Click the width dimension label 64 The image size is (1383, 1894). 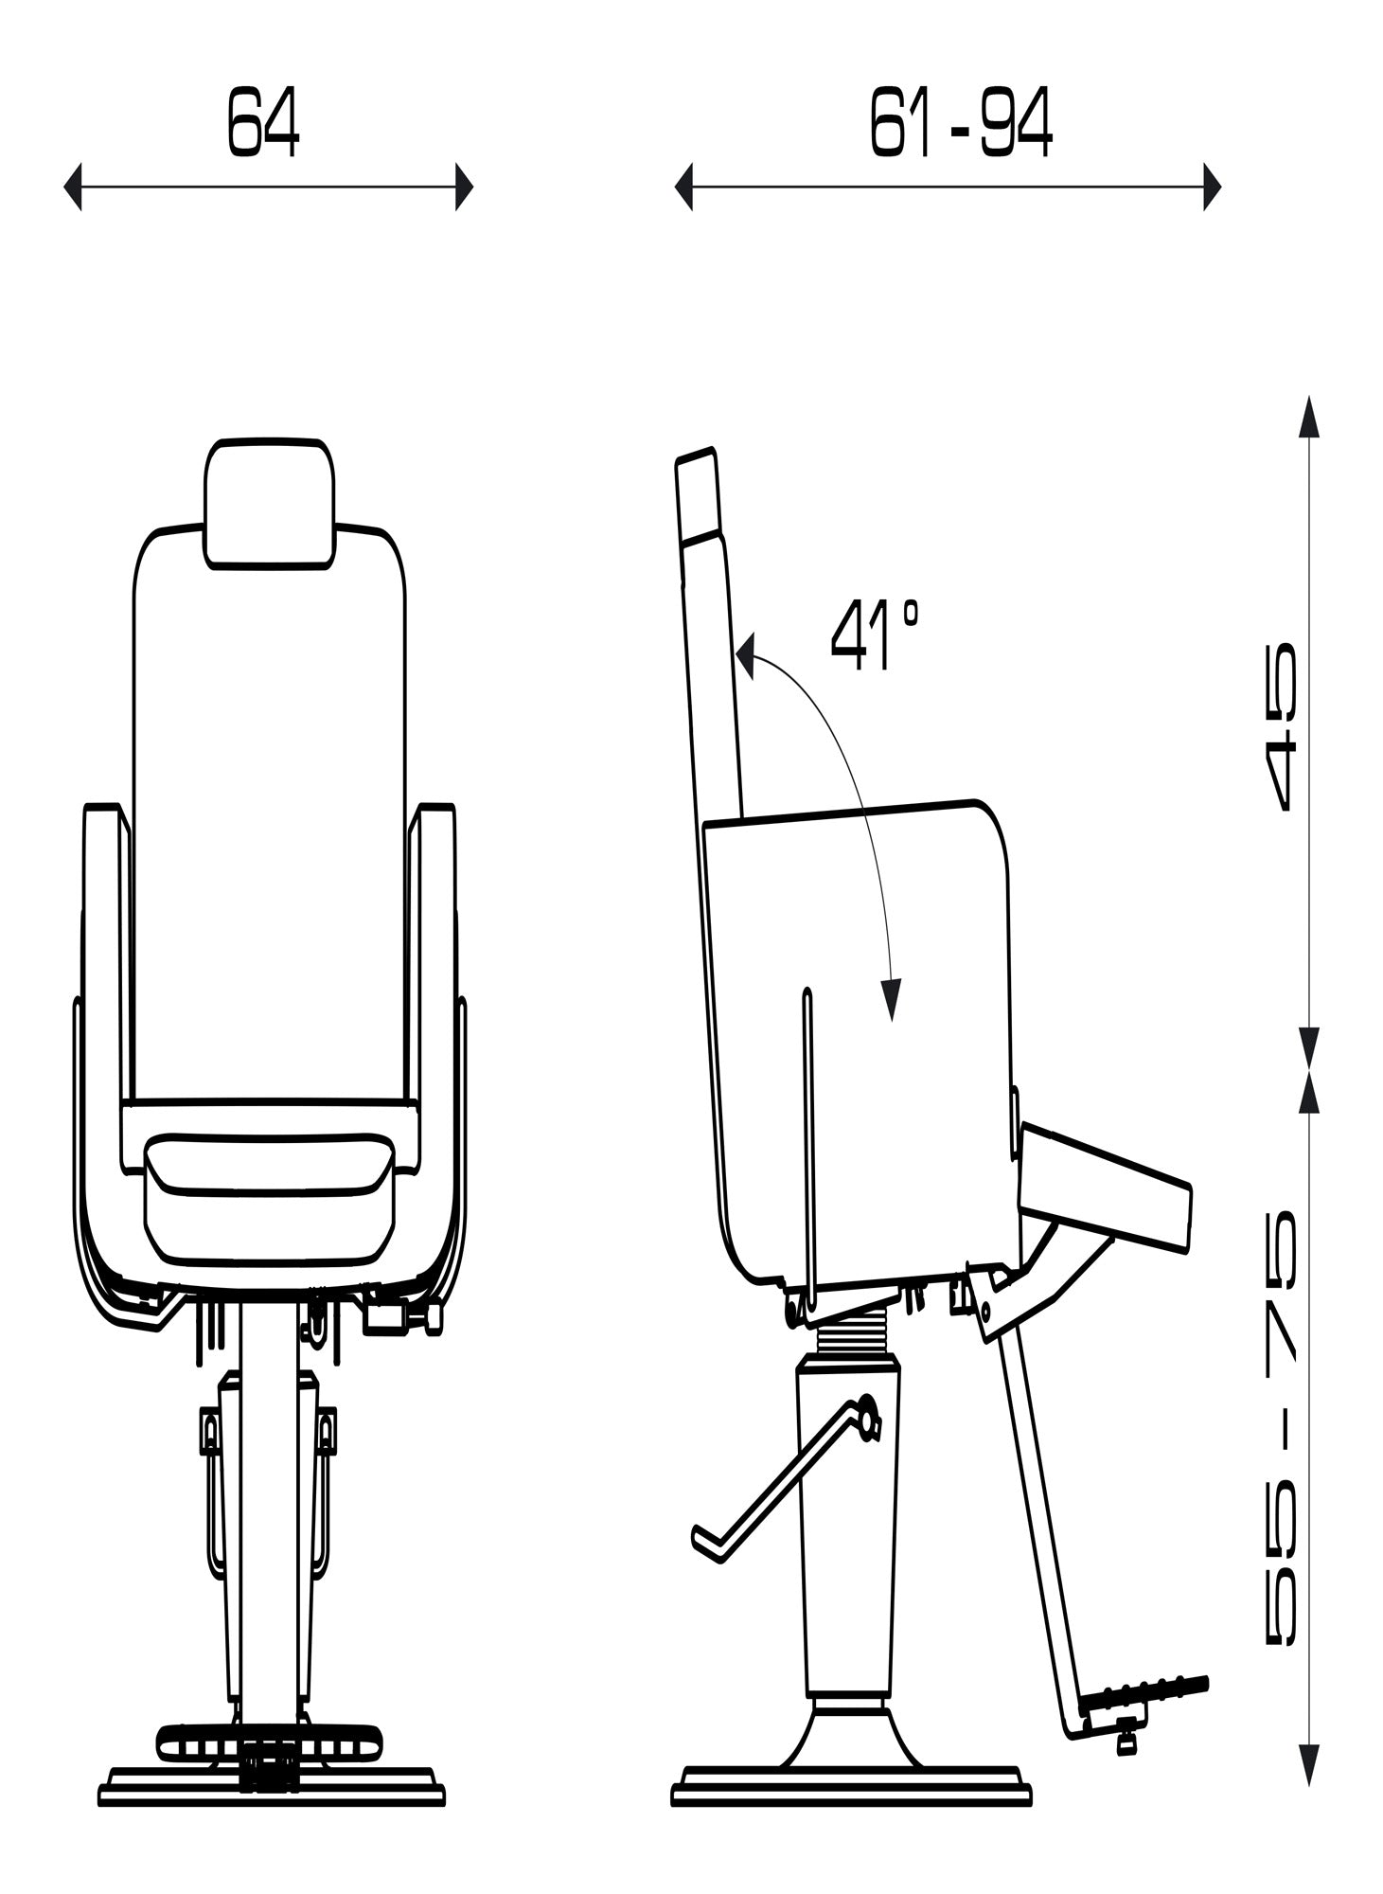(263, 122)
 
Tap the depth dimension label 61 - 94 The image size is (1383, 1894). (960, 123)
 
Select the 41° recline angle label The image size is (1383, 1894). (874, 635)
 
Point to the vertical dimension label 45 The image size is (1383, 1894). (1284, 726)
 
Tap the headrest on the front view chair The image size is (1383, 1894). (270, 504)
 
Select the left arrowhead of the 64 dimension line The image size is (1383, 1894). (72, 187)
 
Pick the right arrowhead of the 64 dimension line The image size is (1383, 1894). (463, 187)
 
